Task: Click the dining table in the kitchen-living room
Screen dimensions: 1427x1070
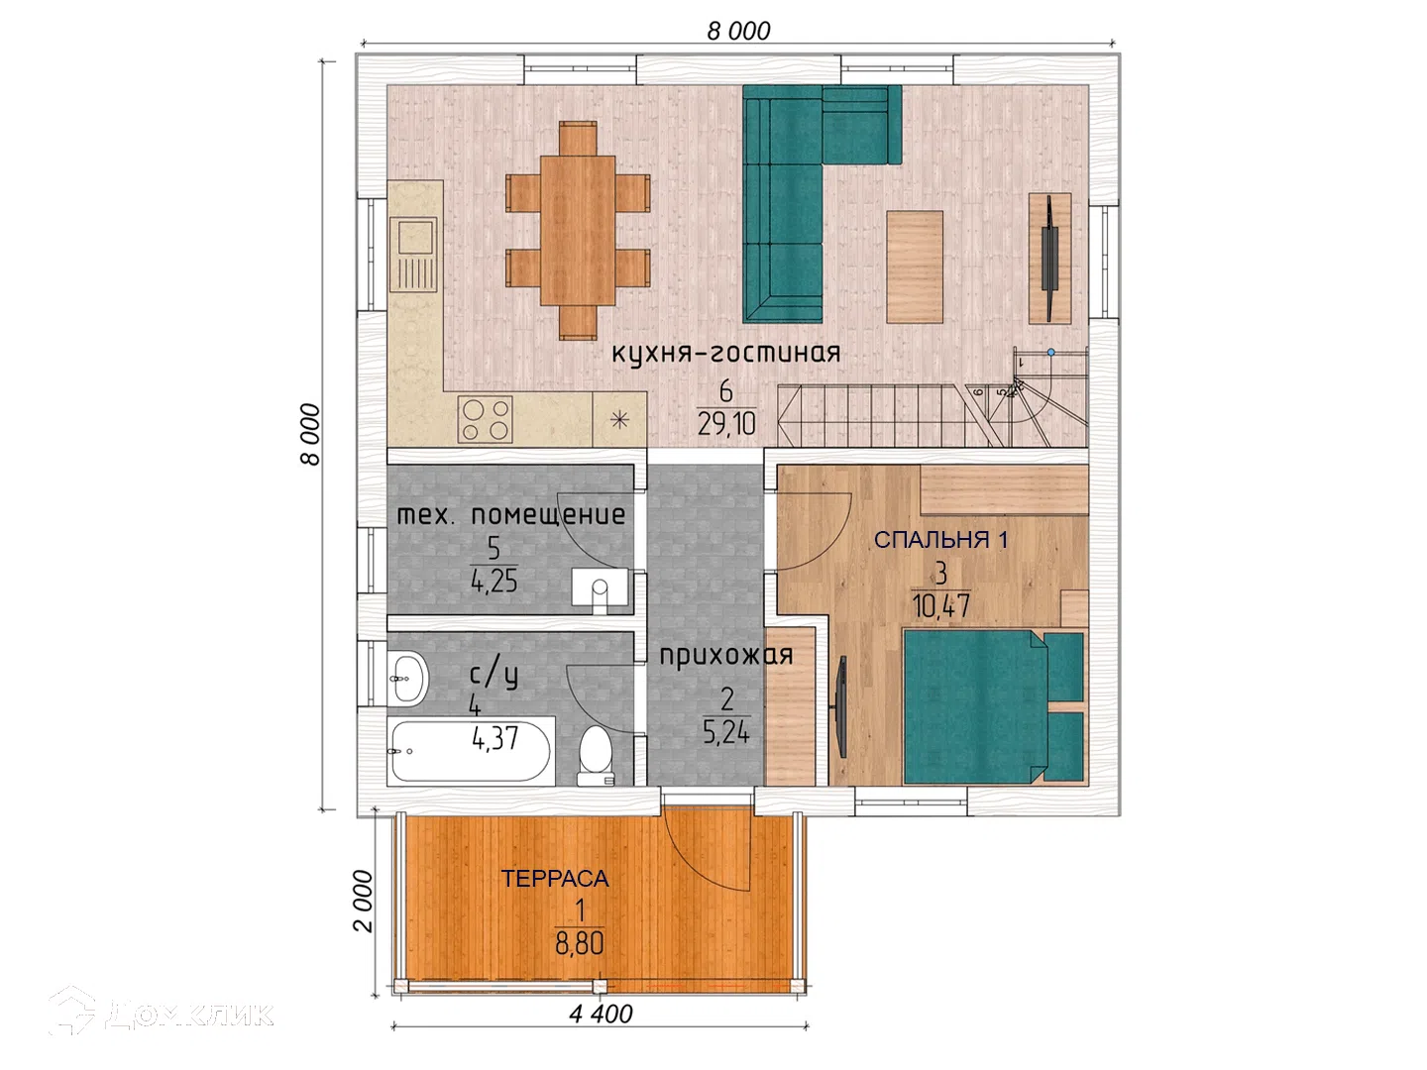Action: [578, 231]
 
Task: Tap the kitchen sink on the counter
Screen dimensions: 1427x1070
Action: [413, 255]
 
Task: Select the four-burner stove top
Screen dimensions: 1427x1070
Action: [485, 420]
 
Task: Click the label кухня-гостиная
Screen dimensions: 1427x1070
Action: [726, 354]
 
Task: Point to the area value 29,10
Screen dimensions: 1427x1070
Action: [726, 425]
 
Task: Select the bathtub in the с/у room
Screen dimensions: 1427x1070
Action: [472, 751]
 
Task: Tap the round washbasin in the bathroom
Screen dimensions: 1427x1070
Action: [407, 680]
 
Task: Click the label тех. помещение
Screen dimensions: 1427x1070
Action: [511, 515]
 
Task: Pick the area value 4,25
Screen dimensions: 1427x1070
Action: [494, 582]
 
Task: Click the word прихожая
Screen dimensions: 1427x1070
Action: [726, 656]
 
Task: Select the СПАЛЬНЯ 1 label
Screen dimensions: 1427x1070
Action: [940, 540]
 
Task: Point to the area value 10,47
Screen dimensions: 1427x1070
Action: [940, 606]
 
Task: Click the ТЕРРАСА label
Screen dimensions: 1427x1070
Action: [555, 879]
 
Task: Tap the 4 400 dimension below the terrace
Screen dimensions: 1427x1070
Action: [601, 1015]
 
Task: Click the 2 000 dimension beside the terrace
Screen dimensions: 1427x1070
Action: [364, 902]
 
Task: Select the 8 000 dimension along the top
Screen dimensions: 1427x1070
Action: [738, 31]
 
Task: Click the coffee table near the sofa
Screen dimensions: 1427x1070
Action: [915, 267]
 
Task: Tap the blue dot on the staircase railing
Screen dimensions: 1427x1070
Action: [1050, 352]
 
